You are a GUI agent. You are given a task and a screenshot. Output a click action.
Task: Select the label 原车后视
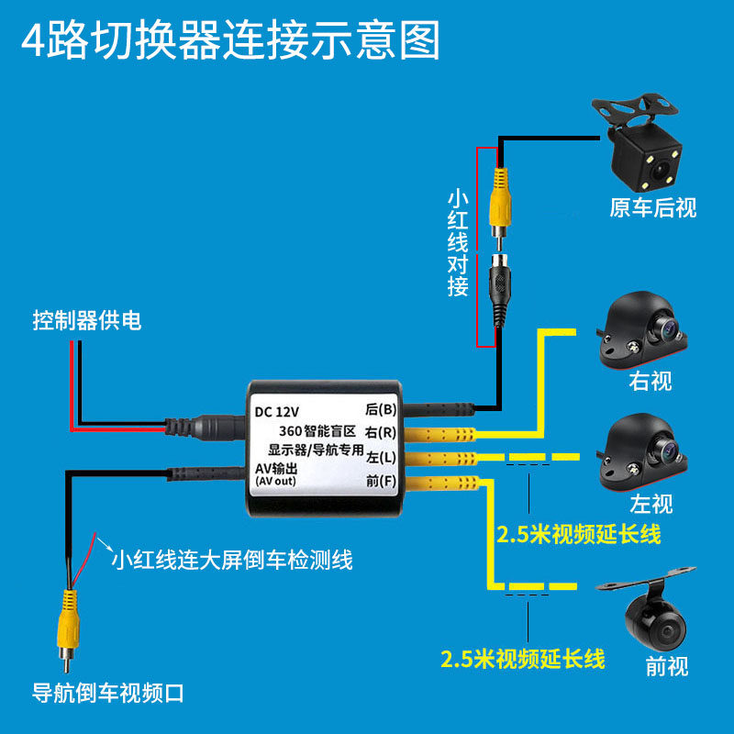point(653,208)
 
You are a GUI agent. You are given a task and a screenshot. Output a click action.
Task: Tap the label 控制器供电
point(87,321)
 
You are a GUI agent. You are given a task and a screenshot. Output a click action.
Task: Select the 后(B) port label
point(380,410)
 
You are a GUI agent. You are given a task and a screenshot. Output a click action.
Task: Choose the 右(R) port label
point(380,432)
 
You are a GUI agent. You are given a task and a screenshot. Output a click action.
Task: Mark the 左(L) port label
point(380,456)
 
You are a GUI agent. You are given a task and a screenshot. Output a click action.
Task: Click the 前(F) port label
point(380,480)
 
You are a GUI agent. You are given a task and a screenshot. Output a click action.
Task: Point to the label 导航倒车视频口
point(108,693)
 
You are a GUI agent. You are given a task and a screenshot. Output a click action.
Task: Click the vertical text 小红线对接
point(458,243)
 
